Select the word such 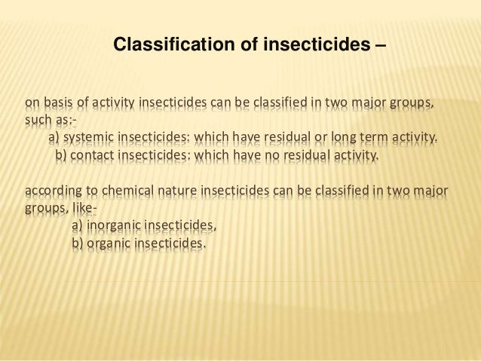[x=38, y=121]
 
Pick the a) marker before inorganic [x=77, y=225]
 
